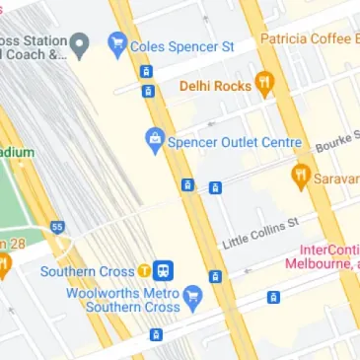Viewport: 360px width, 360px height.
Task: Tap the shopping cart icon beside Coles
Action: [x=118, y=43]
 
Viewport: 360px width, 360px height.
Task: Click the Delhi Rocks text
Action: [x=214, y=86]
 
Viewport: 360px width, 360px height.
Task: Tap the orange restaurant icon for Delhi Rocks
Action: [x=263, y=84]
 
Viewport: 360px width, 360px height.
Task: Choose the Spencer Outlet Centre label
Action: [x=233, y=142]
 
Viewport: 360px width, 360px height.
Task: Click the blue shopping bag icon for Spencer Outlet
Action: [x=154, y=141]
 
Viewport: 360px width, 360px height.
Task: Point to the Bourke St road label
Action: [x=336, y=142]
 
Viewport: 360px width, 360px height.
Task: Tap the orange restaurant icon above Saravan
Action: [x=301, y=177]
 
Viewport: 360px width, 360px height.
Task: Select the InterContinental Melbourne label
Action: [x=323, y=256]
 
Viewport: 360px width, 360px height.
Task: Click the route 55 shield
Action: [x=57, y=227]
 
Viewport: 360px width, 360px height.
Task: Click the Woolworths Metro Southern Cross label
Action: [x=123, y=300]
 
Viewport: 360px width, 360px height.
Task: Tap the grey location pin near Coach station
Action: [x=83, y=44]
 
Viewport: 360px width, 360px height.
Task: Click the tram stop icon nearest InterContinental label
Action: [x=273, y=296]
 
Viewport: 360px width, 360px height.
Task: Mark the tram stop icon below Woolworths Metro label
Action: [x=154, y=334]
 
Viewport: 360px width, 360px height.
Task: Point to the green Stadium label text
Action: [x=17, y=153]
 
